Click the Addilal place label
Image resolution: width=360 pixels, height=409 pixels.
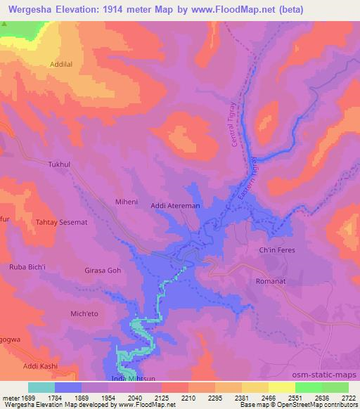tap(62, 64)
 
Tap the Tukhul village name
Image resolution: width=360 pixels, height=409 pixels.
tap(60, 164)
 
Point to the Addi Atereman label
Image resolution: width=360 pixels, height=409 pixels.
tap(176, 206)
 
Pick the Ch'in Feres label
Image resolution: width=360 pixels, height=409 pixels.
tap(276, 250)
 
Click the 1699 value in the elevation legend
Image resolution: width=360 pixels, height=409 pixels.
tap(19, 398)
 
